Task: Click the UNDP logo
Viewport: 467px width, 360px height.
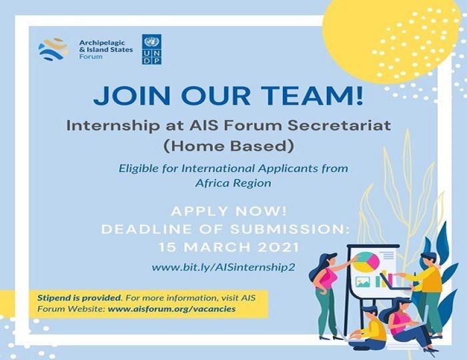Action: [151, 49]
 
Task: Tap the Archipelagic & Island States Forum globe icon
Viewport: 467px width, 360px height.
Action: [53, 49]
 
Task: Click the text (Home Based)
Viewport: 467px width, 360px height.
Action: [229, 146]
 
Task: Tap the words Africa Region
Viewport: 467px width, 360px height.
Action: [233, 183]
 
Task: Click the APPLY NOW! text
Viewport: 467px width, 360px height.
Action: [229, 211]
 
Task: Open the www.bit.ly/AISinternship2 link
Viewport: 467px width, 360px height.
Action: [223, 267]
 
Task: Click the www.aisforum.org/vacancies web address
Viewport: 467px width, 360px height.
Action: [171, 309]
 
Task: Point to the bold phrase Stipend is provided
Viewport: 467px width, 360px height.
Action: [79, 298]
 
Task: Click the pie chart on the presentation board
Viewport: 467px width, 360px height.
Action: [368, 261]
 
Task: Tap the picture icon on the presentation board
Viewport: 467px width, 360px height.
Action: [363, 282]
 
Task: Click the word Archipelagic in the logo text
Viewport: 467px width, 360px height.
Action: [102, 43]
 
